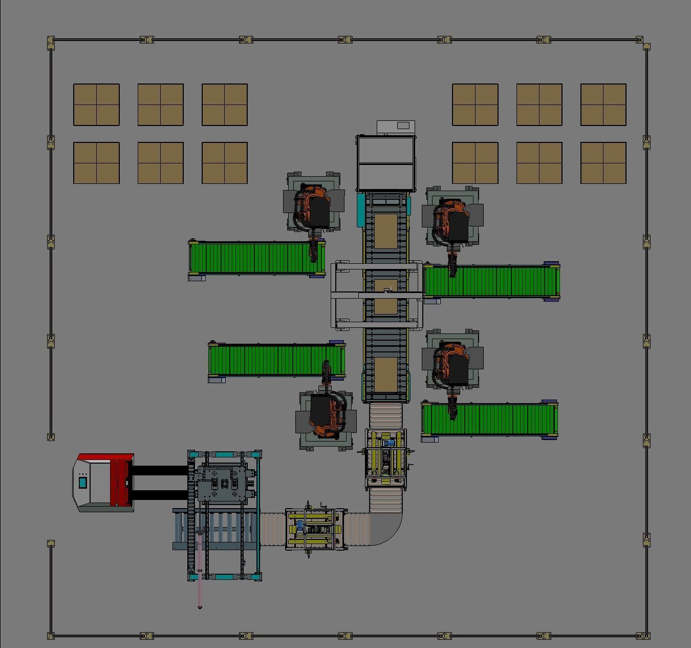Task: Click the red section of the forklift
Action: (121, 482)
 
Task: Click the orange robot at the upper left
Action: (313, 207)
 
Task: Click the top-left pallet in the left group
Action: (96, 104)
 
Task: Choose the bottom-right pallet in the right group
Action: (603, 163)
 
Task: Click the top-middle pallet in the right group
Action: (539, 104)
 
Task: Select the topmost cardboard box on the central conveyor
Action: (385, 231)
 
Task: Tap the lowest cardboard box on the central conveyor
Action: (385, 374)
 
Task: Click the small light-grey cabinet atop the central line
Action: (396, 128)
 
